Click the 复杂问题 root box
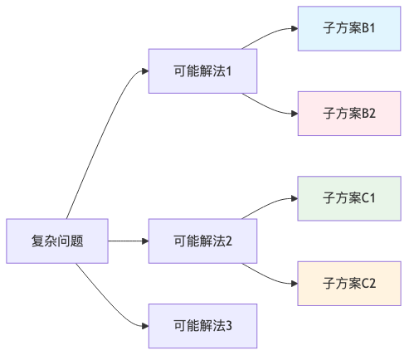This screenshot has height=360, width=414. (56, 241)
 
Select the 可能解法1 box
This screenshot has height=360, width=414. (202, 71)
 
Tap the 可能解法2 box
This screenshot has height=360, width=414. (202, 241)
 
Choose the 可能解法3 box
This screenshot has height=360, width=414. (202, 326)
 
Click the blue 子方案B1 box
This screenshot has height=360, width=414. (349, 28)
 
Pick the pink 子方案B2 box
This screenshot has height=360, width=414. (349, 114)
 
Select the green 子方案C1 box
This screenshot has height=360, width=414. (349, 198)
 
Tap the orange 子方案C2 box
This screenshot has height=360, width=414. (349, 284)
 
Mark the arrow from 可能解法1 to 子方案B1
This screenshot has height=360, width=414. (270, 35)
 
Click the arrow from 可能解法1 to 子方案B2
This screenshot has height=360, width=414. (270, 106)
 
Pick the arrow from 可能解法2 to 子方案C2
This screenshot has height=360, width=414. (270, 276)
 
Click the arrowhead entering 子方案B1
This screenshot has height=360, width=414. (294, 28)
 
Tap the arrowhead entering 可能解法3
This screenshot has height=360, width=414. (144, 326)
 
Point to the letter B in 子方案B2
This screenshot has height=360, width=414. (363, 114)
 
